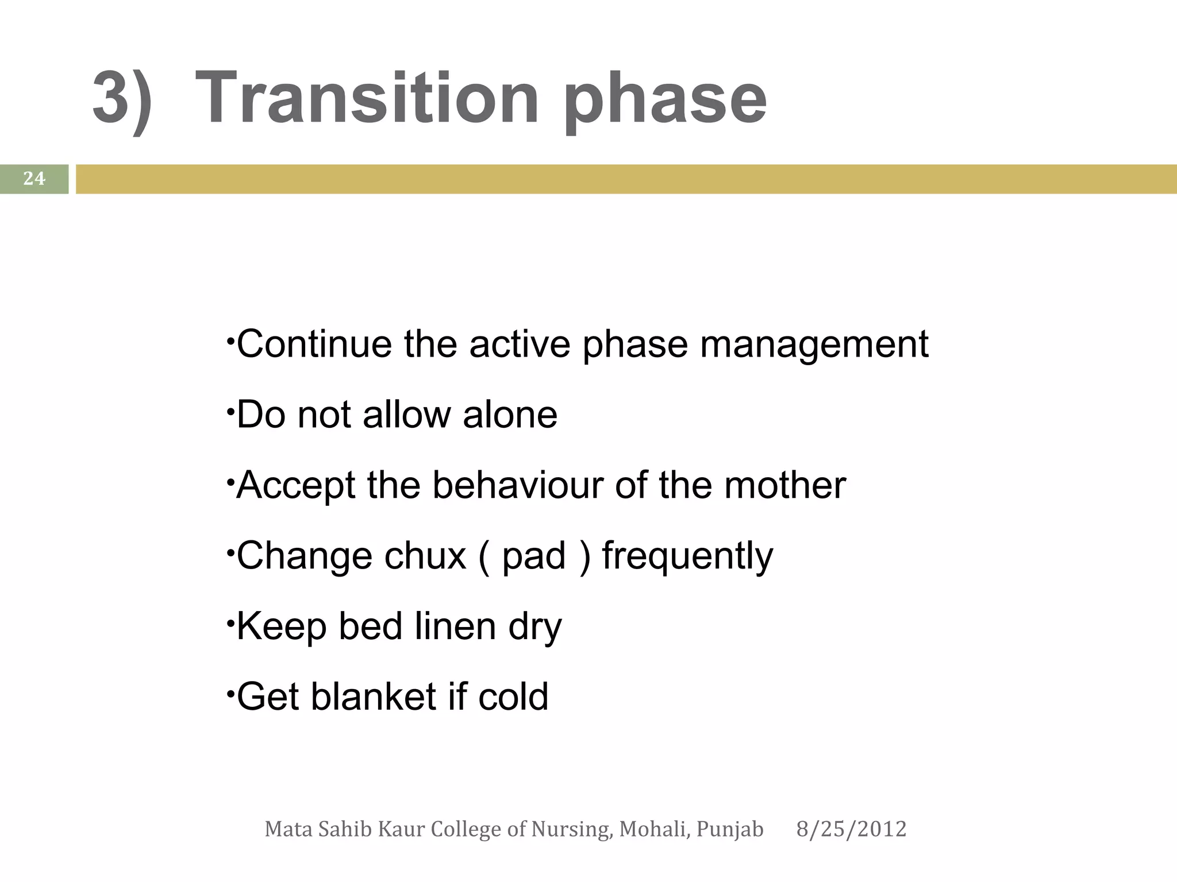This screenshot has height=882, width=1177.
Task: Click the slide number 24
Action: (x=34, y=179)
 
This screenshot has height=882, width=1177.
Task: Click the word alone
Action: (x=510, y=415)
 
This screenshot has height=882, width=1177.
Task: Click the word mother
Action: (x=784, y=485)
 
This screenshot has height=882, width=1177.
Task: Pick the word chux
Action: (x=425, y=556)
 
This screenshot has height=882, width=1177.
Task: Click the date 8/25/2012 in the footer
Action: (x=851, y=829)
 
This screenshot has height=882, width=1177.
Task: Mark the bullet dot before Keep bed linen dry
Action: (x=229, y=621)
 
